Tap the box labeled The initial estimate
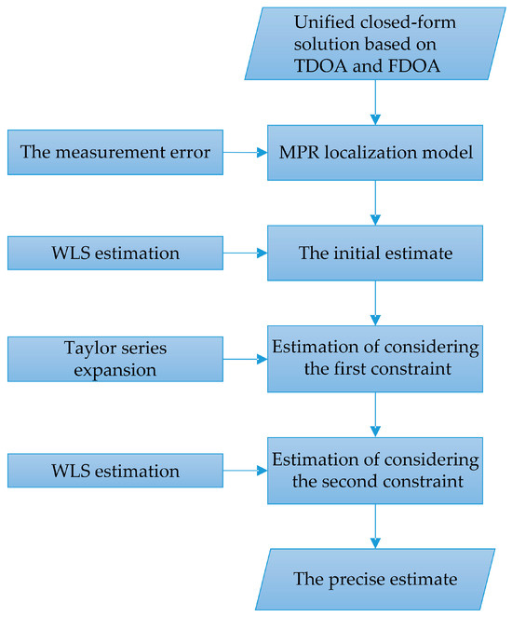(x=374, y=253)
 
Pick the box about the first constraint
(x=374, y=359)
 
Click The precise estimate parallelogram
(x=374, y=579)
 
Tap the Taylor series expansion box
(x=115, y=359)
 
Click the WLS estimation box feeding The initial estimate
(x=115, y=253)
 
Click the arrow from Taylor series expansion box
(x=246, y=359)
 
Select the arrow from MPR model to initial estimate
(x=374, y=199)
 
